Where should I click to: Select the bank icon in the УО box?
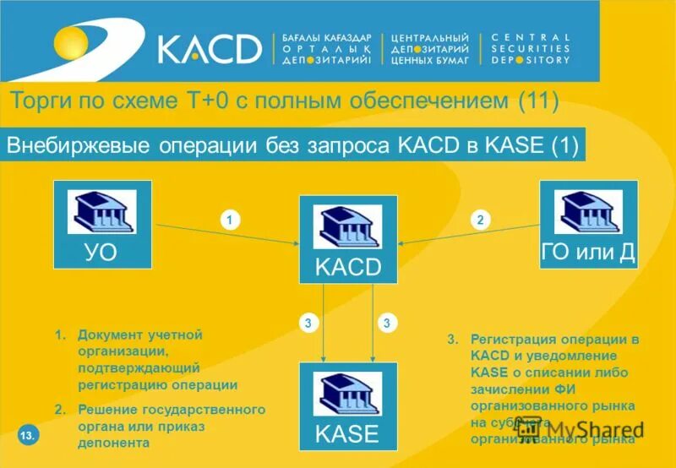click(x=101, y=211)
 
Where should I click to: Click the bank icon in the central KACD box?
click(x=347, y=226)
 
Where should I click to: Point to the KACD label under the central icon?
click(x=347, y=268)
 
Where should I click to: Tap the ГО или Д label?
click(x=588, y=252)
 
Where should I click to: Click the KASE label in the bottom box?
click(x=347, y=435)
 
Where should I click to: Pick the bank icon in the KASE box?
click(x=347, y=393)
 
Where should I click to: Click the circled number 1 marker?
click(x=228, y=220)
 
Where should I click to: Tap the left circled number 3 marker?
click(x=308, y=323)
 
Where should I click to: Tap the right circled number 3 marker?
click(x=385, y=323)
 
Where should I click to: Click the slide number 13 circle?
click(x=27, y=436)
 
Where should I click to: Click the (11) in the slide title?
click(x=539, y=102)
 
